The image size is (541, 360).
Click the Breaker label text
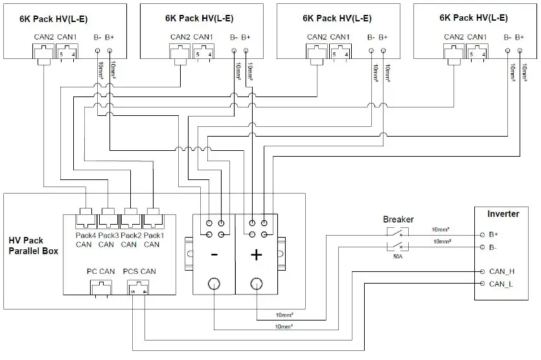pos(398,219)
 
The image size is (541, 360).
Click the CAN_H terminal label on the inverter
pos(501,272)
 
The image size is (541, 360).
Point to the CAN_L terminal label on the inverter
pos(501,284)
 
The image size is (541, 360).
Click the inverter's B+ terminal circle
pos(481,234)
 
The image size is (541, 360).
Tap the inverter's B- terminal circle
pos(481,247)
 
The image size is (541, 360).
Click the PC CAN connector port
pos(97,287)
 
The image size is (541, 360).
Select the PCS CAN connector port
pos(139,288)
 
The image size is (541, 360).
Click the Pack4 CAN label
pos(85,239)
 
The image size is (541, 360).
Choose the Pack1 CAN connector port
pos(153,213)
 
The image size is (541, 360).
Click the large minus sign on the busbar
pos(214,255)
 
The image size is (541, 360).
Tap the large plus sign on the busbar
pos(256,255)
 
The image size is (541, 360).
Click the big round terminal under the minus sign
pos(214,284)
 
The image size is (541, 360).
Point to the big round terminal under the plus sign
pos(256,284)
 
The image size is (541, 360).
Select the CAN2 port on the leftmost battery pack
pos(43,53)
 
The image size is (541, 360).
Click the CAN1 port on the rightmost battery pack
pos(477,53)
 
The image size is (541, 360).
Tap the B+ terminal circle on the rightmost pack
pos(520,50)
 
